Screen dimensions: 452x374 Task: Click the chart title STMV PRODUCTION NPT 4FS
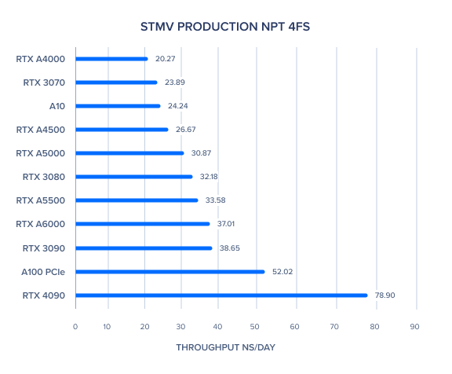(x=225, y=27)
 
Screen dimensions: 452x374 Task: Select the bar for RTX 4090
(x=221, y=295)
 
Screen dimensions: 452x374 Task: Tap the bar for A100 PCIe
(x=170, y=272)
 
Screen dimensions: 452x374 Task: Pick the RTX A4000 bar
(x=111, y=59)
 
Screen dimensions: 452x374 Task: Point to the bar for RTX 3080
(x=134, y=177)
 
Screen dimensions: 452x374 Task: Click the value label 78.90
(x=385, y=295)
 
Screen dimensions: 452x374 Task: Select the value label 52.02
(x=282, y=272)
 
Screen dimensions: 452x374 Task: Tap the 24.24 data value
(x=178, y=106)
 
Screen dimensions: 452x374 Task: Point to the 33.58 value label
(x=215, y=200)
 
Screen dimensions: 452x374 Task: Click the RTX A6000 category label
(x=40, y=224)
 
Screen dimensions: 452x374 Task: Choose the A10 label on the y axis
(x=57, y=106)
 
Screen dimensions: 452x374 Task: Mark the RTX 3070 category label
(x=44, y=82)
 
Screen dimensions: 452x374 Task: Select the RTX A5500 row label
(x=41, y=200)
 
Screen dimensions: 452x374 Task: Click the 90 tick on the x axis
(x=414, y=327)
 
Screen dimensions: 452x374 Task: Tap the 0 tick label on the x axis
(x=75, y=327)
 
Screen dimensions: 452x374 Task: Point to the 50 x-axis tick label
(x=254, y=327)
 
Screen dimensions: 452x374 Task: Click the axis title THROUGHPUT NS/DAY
(x=226, y=347)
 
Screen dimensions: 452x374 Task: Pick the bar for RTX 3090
(x=144, y=248)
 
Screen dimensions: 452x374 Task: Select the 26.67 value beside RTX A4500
(x=186, y=130)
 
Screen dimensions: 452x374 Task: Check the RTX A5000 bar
(x=129, y=153)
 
